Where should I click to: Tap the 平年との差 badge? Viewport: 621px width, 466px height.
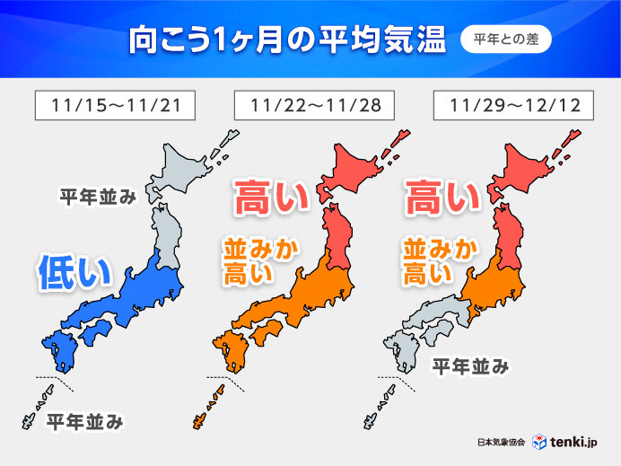(x=505, y=40)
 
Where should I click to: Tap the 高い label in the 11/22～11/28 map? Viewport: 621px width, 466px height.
(x=271, y=197)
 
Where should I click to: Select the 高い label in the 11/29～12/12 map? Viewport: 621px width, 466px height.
(x=442, y=197)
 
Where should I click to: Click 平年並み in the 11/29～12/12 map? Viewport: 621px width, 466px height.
(x=471, y=366)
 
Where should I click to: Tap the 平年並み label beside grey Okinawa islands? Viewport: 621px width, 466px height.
(x=84, y=419)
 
